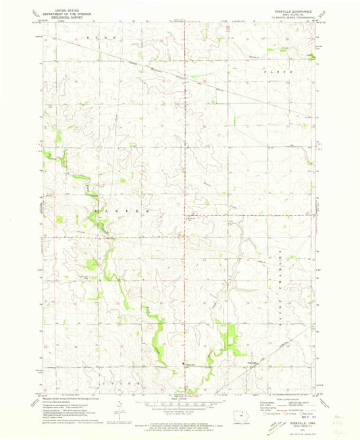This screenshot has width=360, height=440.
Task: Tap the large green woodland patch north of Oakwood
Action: point(232,337)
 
